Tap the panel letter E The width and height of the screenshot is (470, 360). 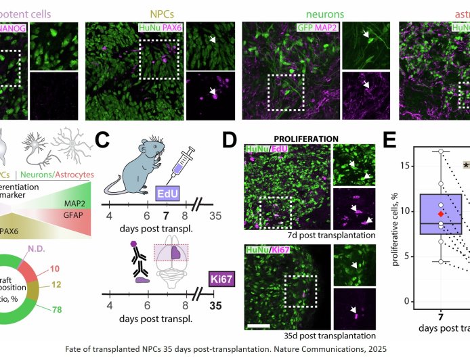click(390, 140)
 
